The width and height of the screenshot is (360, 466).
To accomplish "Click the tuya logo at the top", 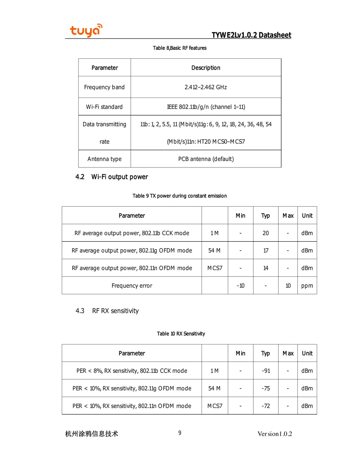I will tap(86, 31).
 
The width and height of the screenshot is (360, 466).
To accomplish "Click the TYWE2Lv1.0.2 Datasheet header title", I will tap(251, 35).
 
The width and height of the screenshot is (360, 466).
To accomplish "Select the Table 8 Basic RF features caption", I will tap(180, 48).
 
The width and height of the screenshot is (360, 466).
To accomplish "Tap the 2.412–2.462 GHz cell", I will tap(206, 87).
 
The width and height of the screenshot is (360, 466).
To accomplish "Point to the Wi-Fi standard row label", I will tap(104, 107).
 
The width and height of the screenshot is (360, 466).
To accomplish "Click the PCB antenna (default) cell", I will tap(206, 159).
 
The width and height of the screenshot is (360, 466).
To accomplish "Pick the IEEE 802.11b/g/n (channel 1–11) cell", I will tap(206, 107).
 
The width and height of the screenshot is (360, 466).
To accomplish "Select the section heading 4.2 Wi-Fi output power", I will tap(112, 177).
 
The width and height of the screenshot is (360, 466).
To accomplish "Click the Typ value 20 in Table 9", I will tap(266, 233).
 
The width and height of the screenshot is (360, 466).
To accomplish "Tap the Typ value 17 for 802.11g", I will tap(266, 251).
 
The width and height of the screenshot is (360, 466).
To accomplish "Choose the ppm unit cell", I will tap(307, 286).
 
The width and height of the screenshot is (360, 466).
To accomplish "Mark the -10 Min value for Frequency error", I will tap(240, 286).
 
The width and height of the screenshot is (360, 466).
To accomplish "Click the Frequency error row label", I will tap(132, 286).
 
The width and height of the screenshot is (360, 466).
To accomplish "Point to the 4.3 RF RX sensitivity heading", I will tap(107, 311).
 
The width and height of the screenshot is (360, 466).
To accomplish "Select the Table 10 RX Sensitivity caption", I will tap(181, 334).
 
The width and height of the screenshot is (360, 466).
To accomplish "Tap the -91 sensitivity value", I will tap(266, 371).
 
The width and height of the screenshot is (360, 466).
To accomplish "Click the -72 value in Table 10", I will tap(266, 406).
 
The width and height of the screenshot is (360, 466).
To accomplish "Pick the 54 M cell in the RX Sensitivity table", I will tap(215, 389).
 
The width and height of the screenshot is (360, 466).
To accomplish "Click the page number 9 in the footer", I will tap(180, 433).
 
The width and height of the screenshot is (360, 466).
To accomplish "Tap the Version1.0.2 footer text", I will tap(275, 434).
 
